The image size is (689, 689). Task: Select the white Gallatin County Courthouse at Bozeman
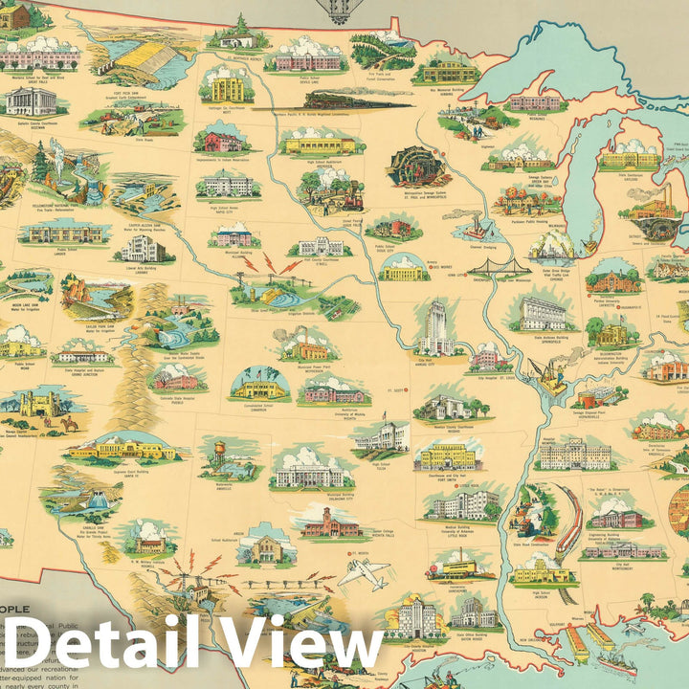(31, 100)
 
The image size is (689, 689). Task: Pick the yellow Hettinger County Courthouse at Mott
(227, 88)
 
